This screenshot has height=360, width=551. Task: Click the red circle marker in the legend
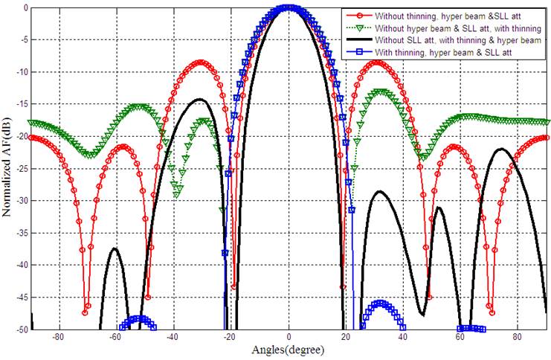(x=358, y=15)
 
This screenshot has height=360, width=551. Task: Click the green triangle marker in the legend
(x=358, y=28)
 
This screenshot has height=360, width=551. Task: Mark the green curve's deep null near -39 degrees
(x=177, y=194)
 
